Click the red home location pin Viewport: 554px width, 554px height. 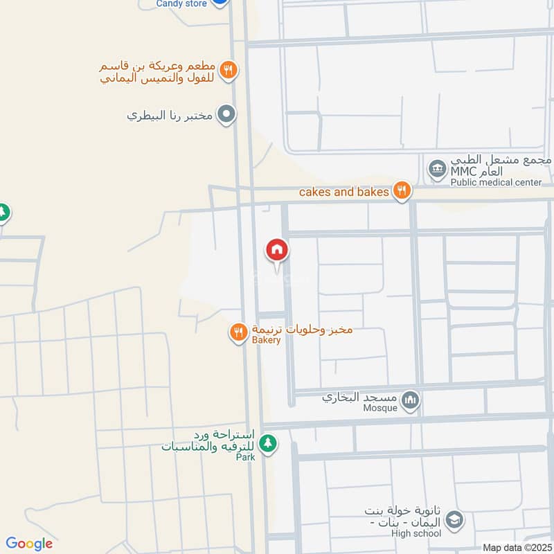tap(277, 250)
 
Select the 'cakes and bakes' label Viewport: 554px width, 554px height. tap(343, 192)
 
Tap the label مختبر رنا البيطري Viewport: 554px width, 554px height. tap(170, 116)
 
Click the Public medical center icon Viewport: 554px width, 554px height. tap(437, 168)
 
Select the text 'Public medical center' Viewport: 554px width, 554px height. tap(496, 183)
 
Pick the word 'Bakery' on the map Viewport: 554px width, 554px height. tap(266, 340)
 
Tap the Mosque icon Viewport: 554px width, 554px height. tap(411, 400)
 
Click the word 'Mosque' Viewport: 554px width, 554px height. tap(380, 408)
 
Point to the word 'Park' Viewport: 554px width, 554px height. tap(245, 457)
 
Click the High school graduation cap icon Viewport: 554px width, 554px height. tap(454, 519)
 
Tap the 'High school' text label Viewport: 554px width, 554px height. tap(416, 533)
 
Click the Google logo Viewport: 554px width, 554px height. tap(29, 544)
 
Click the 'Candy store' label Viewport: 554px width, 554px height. tap(181, 3)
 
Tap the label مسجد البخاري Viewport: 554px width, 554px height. tap(361, 398)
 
